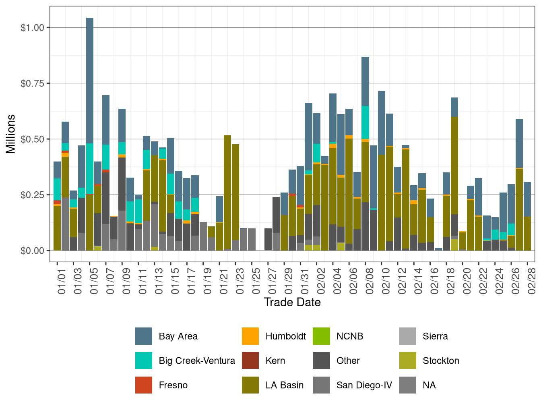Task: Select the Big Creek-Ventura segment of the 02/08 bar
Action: (365, 122)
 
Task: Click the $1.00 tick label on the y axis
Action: (32, 28)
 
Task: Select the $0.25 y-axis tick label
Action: (32, 195)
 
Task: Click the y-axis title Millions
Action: (11, 134)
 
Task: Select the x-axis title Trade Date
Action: (292, 302)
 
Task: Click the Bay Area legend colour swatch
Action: (144, 336)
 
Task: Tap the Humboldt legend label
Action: (285, 336)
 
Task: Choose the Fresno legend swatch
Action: (144, 385)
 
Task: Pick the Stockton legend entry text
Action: (441, 361)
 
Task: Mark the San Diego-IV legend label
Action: (364, 385)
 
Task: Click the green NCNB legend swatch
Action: (321, 336)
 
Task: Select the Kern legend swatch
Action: (250, 361)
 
